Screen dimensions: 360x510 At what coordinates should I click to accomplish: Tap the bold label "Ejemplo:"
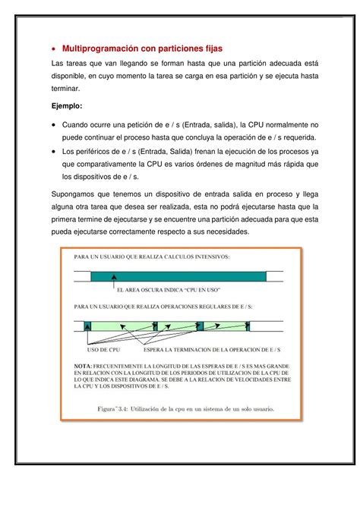(x=68, y=107)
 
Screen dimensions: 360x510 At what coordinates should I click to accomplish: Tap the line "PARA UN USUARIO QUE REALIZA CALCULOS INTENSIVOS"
(x=152, y=257)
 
